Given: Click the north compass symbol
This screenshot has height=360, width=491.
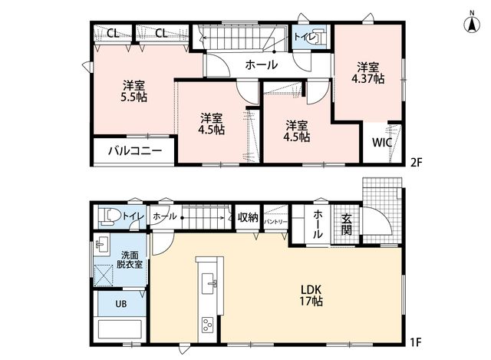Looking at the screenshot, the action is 473,22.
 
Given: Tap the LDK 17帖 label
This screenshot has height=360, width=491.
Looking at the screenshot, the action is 311,296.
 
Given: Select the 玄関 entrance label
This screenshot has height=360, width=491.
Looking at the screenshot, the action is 346,224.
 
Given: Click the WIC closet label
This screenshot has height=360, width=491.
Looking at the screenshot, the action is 382,143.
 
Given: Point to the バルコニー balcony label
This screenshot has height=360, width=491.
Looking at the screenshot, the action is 135,151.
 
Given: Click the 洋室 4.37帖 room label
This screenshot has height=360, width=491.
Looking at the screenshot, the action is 368,73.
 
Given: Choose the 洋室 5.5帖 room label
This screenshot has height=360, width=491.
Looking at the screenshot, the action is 133,91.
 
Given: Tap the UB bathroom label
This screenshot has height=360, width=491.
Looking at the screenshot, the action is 121,304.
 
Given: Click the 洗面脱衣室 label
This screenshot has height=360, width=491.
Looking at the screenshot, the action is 130,259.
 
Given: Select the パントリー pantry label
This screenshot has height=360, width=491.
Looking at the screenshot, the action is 275,222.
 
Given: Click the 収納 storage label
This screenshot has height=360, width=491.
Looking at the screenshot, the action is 248,217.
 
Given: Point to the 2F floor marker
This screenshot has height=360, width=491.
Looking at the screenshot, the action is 417,162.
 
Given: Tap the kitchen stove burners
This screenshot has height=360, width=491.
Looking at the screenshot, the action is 208,325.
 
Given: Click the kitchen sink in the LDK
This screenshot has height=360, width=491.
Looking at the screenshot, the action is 209,283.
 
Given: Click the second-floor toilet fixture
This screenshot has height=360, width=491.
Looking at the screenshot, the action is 317,38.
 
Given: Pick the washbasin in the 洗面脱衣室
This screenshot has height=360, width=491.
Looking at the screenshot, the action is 102,244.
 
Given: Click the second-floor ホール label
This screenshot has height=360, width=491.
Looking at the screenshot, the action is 262,64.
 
